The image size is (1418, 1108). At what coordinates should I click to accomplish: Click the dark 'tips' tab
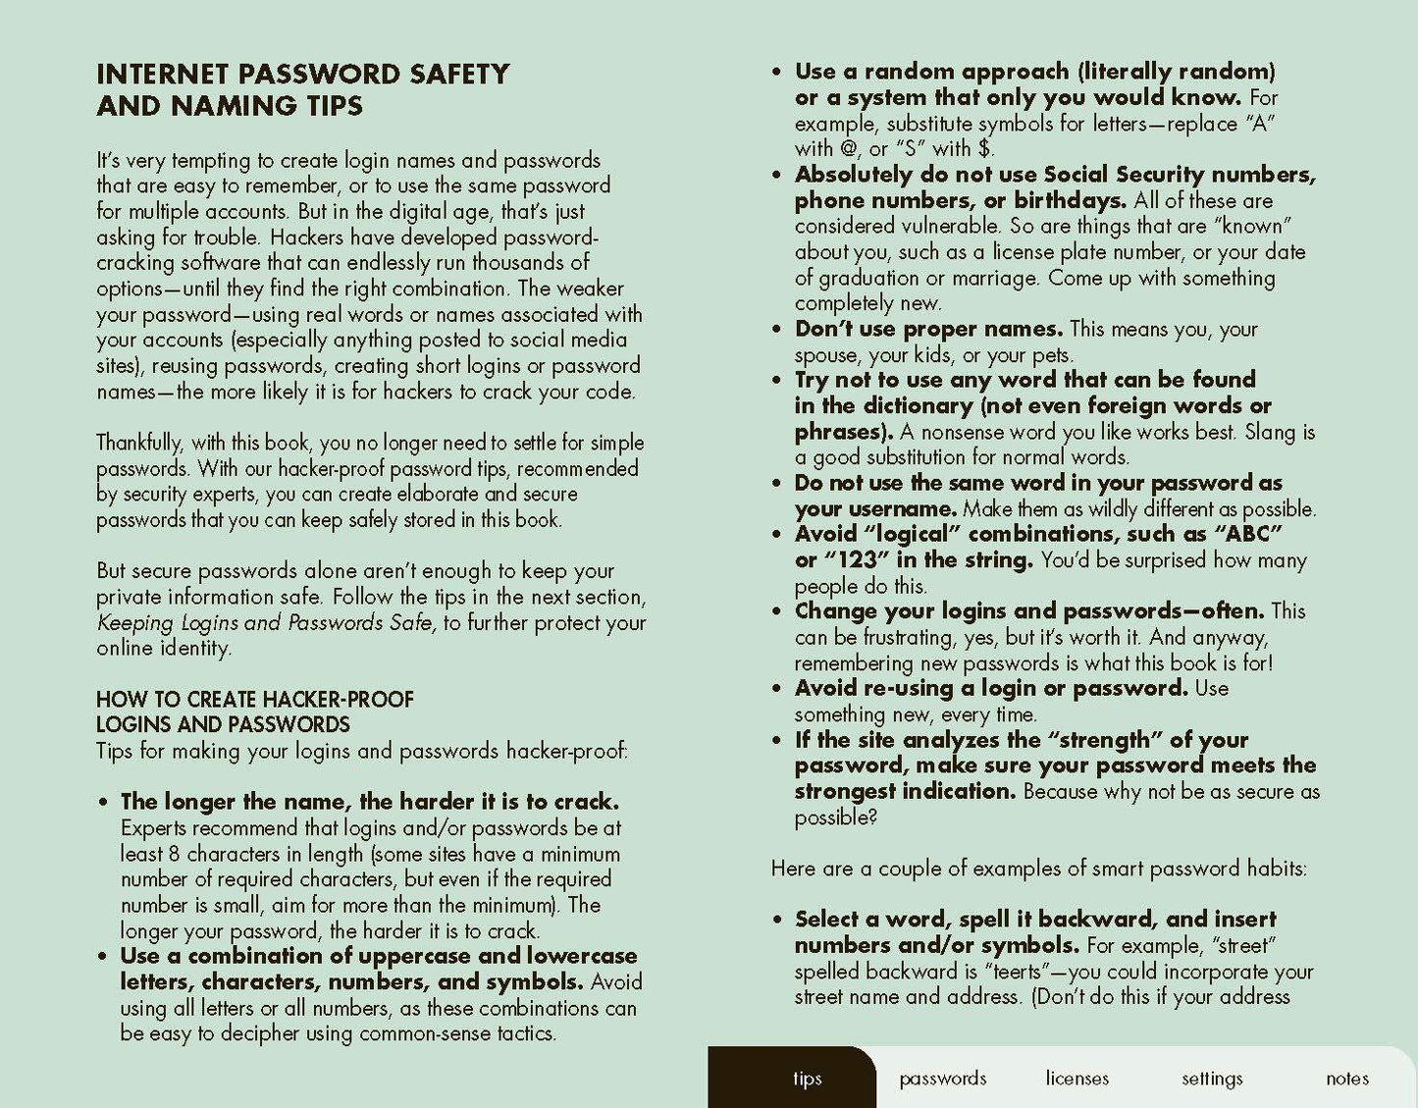807,1079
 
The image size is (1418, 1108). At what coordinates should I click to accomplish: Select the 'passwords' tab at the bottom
942,1079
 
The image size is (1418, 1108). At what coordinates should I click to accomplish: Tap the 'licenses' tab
1077,1079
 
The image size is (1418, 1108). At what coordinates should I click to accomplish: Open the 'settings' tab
1212,1079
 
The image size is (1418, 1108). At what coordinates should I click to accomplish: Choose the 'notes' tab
1346,1079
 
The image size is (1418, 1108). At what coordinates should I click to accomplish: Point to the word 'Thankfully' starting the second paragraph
138,443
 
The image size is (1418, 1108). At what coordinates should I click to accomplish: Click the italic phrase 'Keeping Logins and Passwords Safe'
265,623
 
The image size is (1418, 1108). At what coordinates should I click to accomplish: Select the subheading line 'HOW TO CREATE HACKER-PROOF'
255,700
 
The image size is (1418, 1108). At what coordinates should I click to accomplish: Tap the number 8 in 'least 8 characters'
174,854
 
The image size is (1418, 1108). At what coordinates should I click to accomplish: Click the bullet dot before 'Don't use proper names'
777,330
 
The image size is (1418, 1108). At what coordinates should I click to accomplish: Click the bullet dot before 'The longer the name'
103,803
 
